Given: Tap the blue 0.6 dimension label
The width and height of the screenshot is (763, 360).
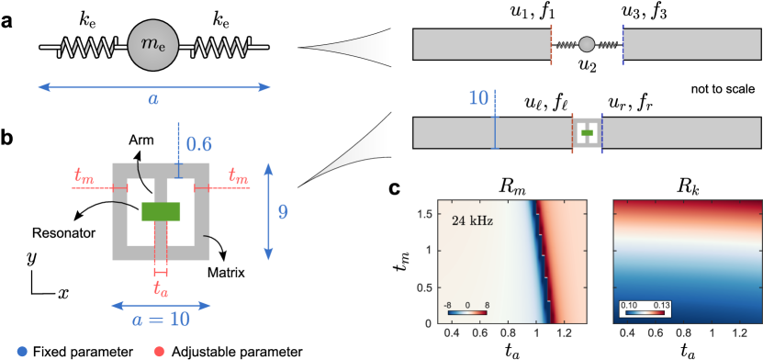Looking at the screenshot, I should pyautogui.click(x=199, y=143).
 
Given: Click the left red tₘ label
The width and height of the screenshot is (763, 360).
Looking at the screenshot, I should pyautogui.click(x=83, y=175).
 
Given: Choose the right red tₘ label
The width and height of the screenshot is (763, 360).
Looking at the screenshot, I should pyautogui.click(x=238, y=175).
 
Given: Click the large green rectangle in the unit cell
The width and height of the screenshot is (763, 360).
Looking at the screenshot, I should pyautogui.click(x=161, y=211).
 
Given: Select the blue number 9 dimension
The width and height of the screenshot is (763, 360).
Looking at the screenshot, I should pyautogui.click(x=283, y=212).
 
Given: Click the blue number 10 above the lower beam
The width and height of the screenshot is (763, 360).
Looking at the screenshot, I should pyautogui.click(x=478, y=98).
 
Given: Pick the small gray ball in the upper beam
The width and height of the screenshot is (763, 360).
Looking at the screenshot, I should pyautogui.click(x=587, y=44).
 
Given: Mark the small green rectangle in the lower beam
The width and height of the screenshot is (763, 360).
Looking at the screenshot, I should pyautogui.click(x=587, y=133).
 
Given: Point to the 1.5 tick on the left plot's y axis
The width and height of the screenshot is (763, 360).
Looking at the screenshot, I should pyautogui.click(x=427, y=213).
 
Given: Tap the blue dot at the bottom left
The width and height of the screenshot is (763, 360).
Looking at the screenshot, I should pyautogui.click(x=22, y=350).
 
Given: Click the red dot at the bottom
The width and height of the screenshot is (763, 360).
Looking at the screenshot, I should pyautogui.click(x=160, y=350).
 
